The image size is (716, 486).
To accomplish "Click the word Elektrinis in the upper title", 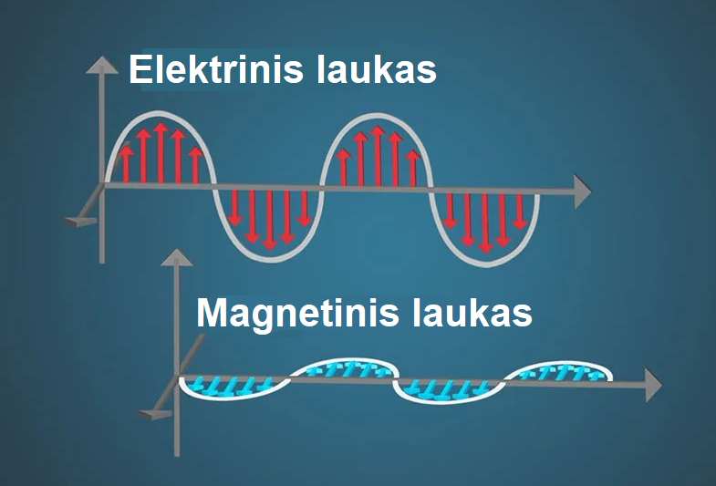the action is click(x=216, y=69).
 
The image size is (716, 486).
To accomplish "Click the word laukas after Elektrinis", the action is click(x=377, y=69).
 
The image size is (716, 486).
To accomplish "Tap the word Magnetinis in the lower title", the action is click(x=297, y=313).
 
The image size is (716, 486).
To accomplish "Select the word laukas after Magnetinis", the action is click(x=472, y=313).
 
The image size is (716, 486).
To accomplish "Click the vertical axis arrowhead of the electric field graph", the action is click(x=102, y=65).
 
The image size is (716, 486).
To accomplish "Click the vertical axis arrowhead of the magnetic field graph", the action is click(x=177, y=257).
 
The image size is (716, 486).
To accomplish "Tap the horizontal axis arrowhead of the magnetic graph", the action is click(x=653, y=386).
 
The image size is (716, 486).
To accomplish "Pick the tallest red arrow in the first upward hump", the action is click(x=161, y=153).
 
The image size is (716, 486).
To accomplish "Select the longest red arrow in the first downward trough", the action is click(x=270, y=220).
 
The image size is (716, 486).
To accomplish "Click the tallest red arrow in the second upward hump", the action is click(x=378, y=156).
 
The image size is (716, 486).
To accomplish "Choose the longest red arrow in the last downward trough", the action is click(x=485, y=223).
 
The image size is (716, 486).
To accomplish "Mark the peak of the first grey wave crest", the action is click(x=158, y=112).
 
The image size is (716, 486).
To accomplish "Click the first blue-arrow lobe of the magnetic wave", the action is click(x=234, y=388).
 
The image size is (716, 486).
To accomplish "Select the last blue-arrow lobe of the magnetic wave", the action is click(x=558, y=371).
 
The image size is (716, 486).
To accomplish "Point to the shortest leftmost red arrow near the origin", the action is click(x=126, y=164).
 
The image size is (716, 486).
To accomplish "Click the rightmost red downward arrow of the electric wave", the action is click(x=520, y=212).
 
